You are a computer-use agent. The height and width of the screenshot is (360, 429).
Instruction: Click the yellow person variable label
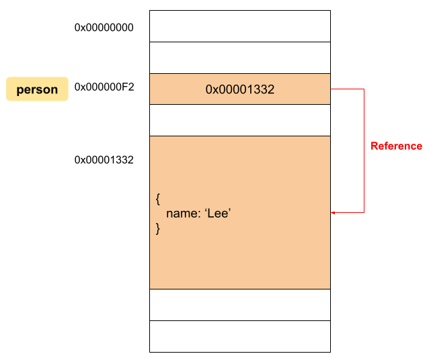pyautogui.click(x=37, y=89)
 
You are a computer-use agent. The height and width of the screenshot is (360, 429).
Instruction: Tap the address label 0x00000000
pyautogui.click(x=104, y=28)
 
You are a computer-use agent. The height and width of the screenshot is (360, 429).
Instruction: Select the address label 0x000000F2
pyautogui.click(x=104, y=87)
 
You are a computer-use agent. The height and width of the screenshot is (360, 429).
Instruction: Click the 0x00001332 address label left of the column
pyautogui.click(x=104, y=160)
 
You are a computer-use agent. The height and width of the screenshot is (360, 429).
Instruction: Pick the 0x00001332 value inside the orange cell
pyautogui.click(x=240, y=89)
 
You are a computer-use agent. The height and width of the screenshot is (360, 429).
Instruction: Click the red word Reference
pyautogui.click(x=397, y=146)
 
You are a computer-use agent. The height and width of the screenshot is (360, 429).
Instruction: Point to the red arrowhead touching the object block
pyautogui.click(x=333, y=212)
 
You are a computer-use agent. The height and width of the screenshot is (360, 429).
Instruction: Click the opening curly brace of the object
pyautogui.click(x=158, y=199)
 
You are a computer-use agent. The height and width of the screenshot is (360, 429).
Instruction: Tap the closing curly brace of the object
pyautogui.click(x=158, y=228)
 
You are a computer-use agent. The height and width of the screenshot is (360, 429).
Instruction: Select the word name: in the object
pyautogui.click(x=184, y=214)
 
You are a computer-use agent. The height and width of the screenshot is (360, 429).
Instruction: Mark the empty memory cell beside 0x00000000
pyautogui.click(x=240, y=26)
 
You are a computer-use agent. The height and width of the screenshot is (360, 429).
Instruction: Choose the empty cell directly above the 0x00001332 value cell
pyautogui.click(x=240, y=58)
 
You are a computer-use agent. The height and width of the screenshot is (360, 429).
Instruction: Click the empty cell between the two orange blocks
pyautogui.click(x=240, y=120)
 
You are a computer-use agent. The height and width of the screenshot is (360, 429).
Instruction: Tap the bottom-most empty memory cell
pyautogui.click(x=240, y=336)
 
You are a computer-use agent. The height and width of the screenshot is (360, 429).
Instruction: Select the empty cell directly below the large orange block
pyautogui.click(x=240, y=305)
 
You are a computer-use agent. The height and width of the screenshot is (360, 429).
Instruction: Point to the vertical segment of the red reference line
pyautogui.click(x=364, y=150)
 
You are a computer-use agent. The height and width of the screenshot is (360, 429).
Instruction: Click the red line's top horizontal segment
pyautogui.click(x=347, y=89)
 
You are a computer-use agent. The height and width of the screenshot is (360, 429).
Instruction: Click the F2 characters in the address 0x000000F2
pyautogui.click(x=128, y=87)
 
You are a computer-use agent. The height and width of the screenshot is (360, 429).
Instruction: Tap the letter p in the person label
pyautogui.click(x=19, y=91)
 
